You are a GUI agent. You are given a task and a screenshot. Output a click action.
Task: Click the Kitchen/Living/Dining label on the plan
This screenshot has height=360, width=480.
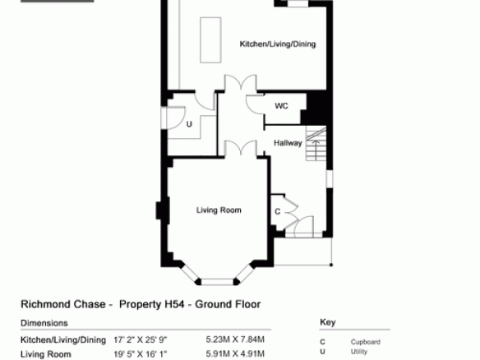tap(278, 44)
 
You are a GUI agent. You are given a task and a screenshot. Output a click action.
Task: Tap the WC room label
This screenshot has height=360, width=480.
tap(281, 106)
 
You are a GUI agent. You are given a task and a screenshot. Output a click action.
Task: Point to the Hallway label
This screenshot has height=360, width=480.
tap(288, 143)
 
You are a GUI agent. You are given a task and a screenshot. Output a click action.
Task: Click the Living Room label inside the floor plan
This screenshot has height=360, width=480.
tap(219, 210)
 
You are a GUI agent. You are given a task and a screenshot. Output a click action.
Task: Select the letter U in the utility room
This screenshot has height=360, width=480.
tap(189, 124)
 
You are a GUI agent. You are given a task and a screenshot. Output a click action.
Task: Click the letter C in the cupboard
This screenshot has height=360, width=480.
tap(277, 211)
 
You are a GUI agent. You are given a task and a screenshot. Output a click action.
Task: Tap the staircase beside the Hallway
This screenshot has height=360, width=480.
tap(316, 143)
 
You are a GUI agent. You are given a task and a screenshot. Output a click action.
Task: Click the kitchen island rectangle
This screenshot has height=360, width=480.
tap(210, 40)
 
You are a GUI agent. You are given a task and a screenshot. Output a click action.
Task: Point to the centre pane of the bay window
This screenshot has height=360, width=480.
tap(217, 282)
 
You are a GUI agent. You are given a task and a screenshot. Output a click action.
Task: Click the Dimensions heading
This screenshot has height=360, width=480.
tap(44, 323)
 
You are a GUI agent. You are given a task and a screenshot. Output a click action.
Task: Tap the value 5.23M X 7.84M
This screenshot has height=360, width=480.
tap(235, 339)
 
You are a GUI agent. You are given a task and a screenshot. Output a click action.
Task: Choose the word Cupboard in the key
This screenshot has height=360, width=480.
tap(366, 342)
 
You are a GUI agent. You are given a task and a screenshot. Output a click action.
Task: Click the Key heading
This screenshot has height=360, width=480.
tap(328, 322)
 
